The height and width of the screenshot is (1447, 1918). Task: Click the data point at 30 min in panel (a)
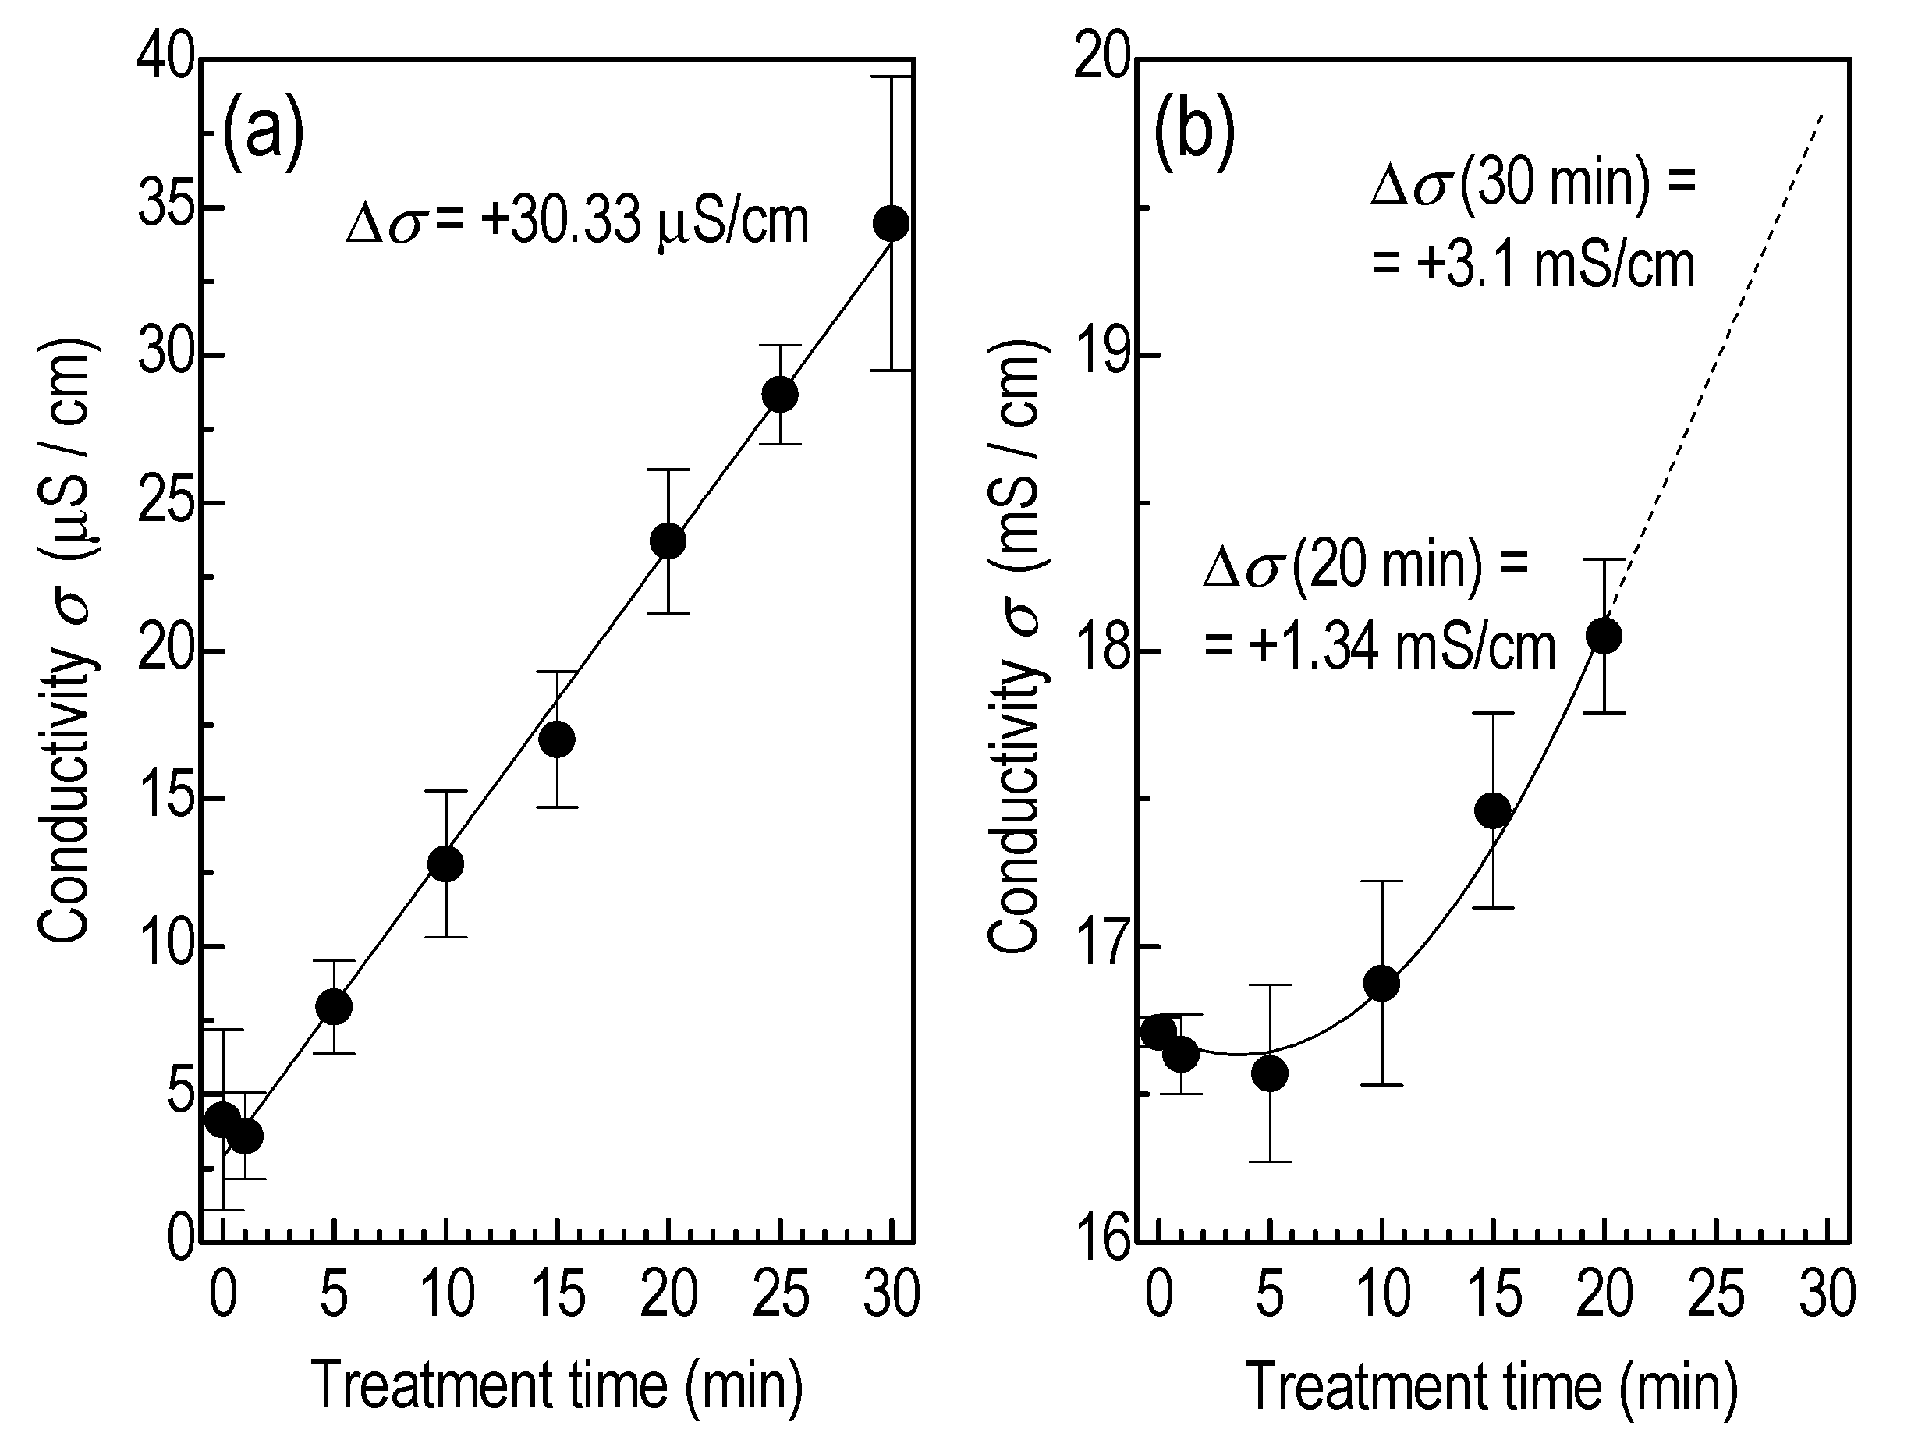[892, 224]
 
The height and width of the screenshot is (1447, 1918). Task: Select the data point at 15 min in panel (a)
[557, 739]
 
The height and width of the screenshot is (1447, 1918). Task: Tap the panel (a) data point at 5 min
[334, 1006]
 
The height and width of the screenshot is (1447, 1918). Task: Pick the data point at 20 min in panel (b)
[1604, 637]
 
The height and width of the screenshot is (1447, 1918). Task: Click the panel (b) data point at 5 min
[1271, 1074]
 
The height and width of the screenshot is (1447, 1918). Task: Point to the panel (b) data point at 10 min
[1381, 983]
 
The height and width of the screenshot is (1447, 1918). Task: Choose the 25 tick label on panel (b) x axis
[1716, 1294]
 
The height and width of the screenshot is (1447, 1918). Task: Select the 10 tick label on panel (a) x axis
[447, 1294]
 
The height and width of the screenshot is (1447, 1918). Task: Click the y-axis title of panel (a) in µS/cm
[67, 641]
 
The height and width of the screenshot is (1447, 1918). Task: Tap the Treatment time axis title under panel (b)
[1491, 1386]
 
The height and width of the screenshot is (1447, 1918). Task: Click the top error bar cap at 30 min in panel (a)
[892, 77]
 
